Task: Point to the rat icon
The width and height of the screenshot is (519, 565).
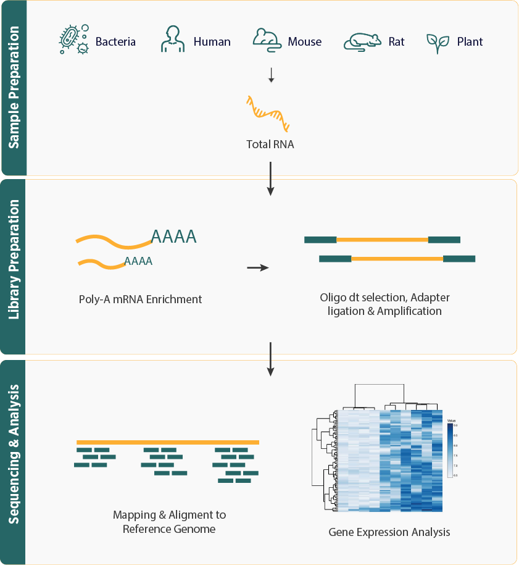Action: [362, 41]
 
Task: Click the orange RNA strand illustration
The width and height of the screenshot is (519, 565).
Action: [267, 114]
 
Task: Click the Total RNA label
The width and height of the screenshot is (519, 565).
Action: [270, 145]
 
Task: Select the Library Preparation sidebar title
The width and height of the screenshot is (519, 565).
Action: [14, 267]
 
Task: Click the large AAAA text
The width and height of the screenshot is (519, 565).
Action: [173, 236]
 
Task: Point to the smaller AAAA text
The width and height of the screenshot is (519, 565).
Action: [138, 261]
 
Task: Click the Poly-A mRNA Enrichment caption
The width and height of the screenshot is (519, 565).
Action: [140, 299]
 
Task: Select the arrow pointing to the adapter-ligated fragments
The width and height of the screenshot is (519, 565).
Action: [257, 268]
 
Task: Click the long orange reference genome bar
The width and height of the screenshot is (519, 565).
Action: [168, 442]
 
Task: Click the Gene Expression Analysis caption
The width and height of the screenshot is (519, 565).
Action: [389, 532]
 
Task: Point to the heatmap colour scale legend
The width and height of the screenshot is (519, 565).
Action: [452, 450]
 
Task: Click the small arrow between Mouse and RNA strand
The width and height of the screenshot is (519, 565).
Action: [271, 75]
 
